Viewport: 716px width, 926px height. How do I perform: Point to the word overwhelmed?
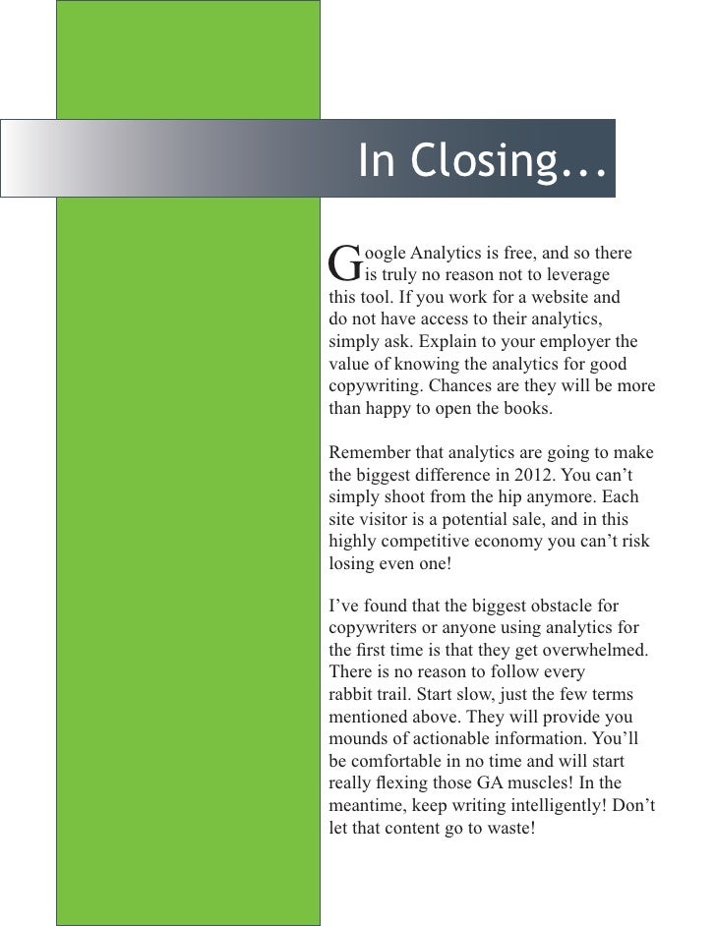pos(606,650)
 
